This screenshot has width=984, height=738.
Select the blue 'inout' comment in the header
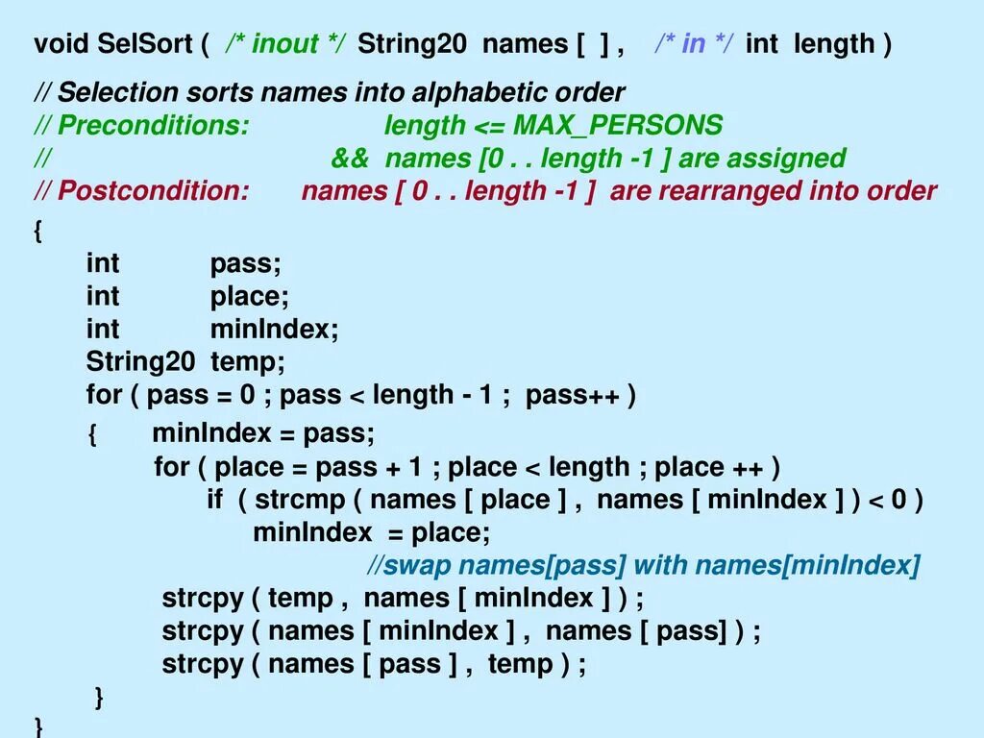pos(285,44)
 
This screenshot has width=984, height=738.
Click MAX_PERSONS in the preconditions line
pos(618,126)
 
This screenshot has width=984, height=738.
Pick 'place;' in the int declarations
pos(249,297)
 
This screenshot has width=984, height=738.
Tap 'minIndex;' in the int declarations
pos(275,330)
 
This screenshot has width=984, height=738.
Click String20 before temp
pos(140,362)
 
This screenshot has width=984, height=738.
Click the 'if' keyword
pos(214,500)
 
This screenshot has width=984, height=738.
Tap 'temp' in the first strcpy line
pos(300,598)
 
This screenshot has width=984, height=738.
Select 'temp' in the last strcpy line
pos(520,664)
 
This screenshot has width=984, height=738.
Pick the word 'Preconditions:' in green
pos(153,126)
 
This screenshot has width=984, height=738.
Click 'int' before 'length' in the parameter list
pos(761,44)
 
